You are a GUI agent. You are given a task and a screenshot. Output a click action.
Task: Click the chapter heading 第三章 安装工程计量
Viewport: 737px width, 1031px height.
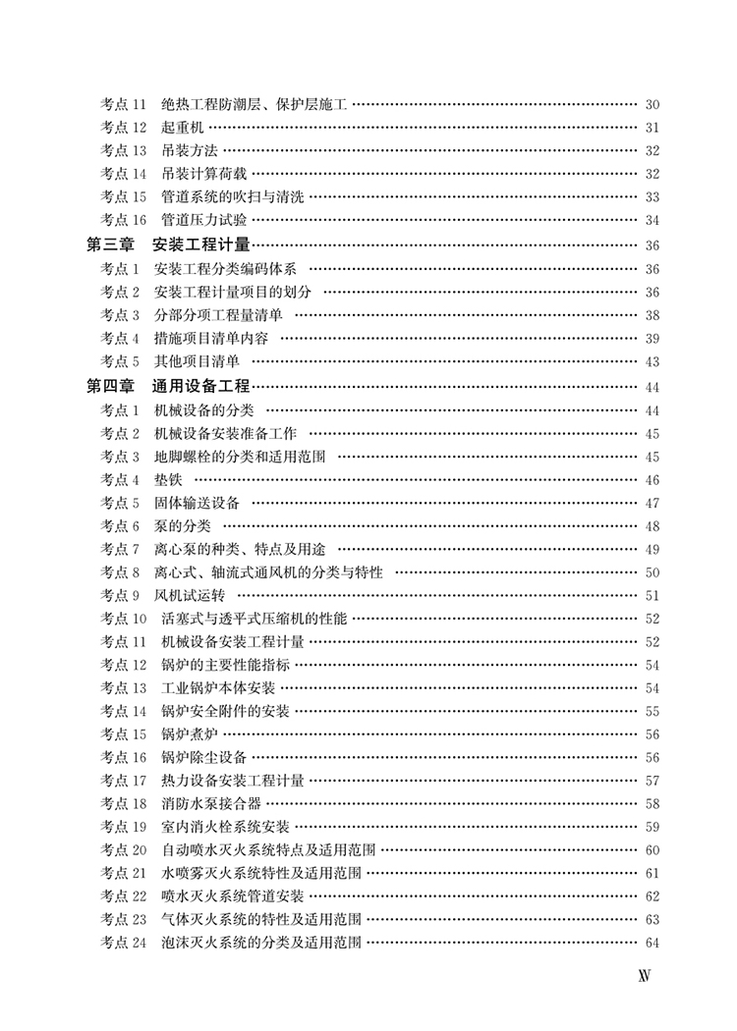168,245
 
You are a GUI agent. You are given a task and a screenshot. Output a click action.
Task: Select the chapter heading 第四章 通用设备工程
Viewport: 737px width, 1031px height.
168,386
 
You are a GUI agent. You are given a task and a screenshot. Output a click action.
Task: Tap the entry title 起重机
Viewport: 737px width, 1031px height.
182,128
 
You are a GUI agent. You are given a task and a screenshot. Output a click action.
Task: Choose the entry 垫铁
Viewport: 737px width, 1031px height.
168,479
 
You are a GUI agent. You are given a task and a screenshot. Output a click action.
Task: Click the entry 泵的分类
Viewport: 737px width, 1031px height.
182,526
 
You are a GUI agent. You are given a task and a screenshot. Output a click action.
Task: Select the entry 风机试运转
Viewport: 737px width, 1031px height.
189,596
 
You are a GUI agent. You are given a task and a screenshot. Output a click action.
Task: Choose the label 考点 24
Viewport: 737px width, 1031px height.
123,943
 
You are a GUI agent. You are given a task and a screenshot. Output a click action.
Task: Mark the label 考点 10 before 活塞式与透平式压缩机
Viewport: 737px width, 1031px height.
123,619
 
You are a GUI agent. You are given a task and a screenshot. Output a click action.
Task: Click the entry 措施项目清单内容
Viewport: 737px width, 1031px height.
210,339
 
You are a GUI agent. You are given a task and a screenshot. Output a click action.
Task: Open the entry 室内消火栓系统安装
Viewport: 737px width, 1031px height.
225,827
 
